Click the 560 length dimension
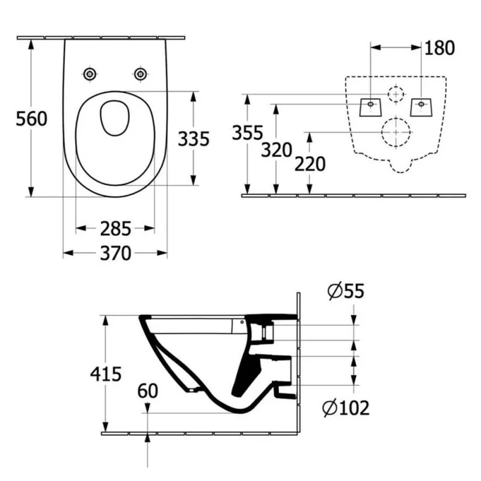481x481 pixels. coord(32,118)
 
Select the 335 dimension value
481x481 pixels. coord(194,139)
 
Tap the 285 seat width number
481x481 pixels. coord(115,228)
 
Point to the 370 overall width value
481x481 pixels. coord(115,253)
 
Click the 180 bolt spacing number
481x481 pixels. coord(440,48)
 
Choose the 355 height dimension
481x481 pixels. coord(248,133)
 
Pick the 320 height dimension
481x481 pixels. coord(277,150)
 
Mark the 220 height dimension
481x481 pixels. coord(310,164)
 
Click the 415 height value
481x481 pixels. coord(106,374)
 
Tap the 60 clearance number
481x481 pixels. coord(147,391)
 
